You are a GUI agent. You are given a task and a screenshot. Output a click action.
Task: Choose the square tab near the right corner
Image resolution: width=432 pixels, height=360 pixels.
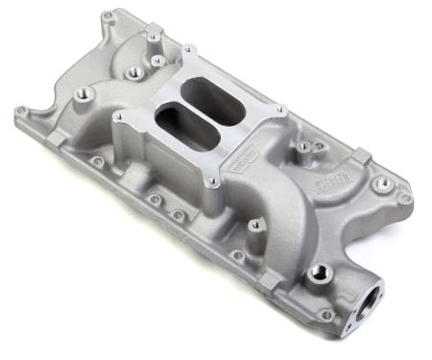click(x=361, y=155)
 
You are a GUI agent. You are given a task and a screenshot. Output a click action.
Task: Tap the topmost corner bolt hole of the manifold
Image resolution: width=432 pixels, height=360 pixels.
click(x=107, y=17)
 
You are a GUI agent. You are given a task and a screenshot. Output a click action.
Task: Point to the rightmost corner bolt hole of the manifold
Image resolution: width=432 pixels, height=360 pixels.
click(x=407, y=198)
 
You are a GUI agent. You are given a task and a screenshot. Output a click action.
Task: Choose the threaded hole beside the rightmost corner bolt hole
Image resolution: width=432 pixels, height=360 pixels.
click(x=383, y=181)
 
